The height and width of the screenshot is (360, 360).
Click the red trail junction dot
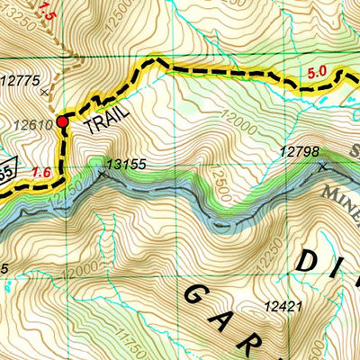click(62, 121)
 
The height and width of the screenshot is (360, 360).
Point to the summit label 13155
click(126, 165)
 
